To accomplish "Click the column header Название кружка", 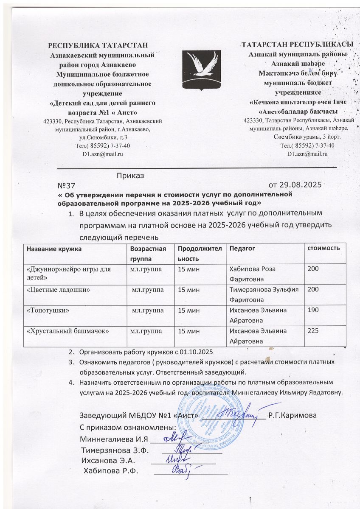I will coord(52,248).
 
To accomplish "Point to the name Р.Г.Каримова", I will coord(292,415).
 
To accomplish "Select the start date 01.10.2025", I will coord(195,352).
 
